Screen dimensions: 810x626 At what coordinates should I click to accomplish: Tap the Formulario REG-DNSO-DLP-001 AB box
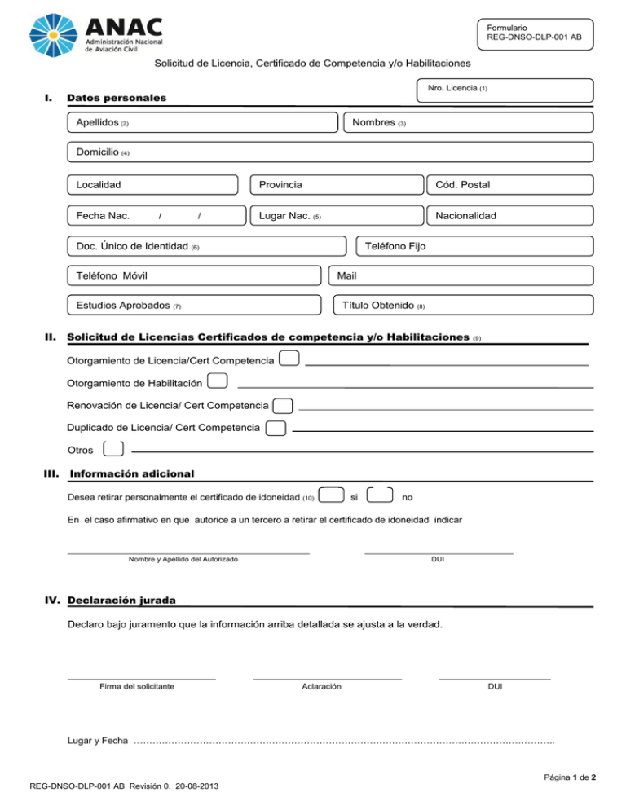point(535,32)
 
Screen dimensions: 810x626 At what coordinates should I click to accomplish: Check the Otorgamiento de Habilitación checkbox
point(218,381)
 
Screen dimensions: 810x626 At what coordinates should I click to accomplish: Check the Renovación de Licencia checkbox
point(283,406)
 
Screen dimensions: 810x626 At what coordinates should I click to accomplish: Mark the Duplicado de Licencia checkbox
point(276,428)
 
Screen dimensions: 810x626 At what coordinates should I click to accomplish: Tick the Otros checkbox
point(114,449)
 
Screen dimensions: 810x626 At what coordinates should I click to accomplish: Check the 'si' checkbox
point(330,495)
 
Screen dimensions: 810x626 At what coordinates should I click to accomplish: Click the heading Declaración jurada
point(122,601)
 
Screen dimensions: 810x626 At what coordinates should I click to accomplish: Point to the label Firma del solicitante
point(136,687)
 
